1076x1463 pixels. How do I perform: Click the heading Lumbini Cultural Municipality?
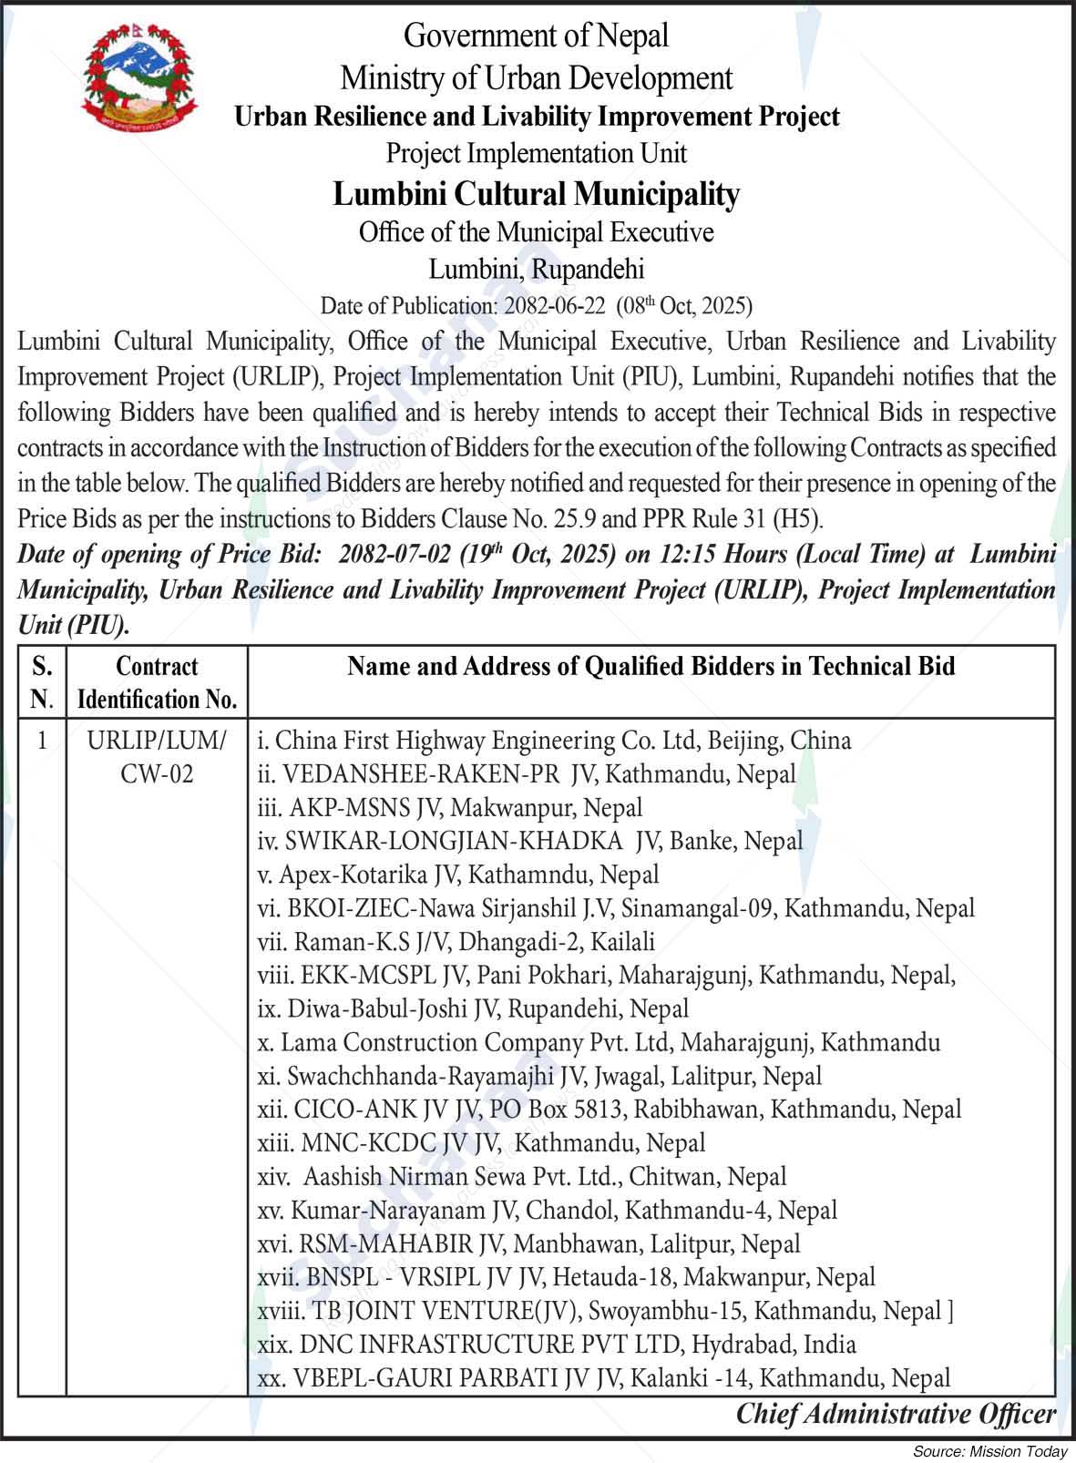536,194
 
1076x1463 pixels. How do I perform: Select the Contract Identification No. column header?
157,682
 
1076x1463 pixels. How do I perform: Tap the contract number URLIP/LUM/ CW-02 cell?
157,757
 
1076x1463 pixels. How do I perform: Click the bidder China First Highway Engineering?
554,740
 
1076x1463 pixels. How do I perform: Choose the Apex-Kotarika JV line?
457,875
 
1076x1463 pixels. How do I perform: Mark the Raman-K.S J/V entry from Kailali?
456,941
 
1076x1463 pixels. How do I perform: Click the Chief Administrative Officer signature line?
896,1414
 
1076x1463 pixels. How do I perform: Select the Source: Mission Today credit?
989,1451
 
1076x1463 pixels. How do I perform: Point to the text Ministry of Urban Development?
536,78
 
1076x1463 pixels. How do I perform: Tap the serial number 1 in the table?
42,740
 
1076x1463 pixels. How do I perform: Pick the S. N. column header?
42,682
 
